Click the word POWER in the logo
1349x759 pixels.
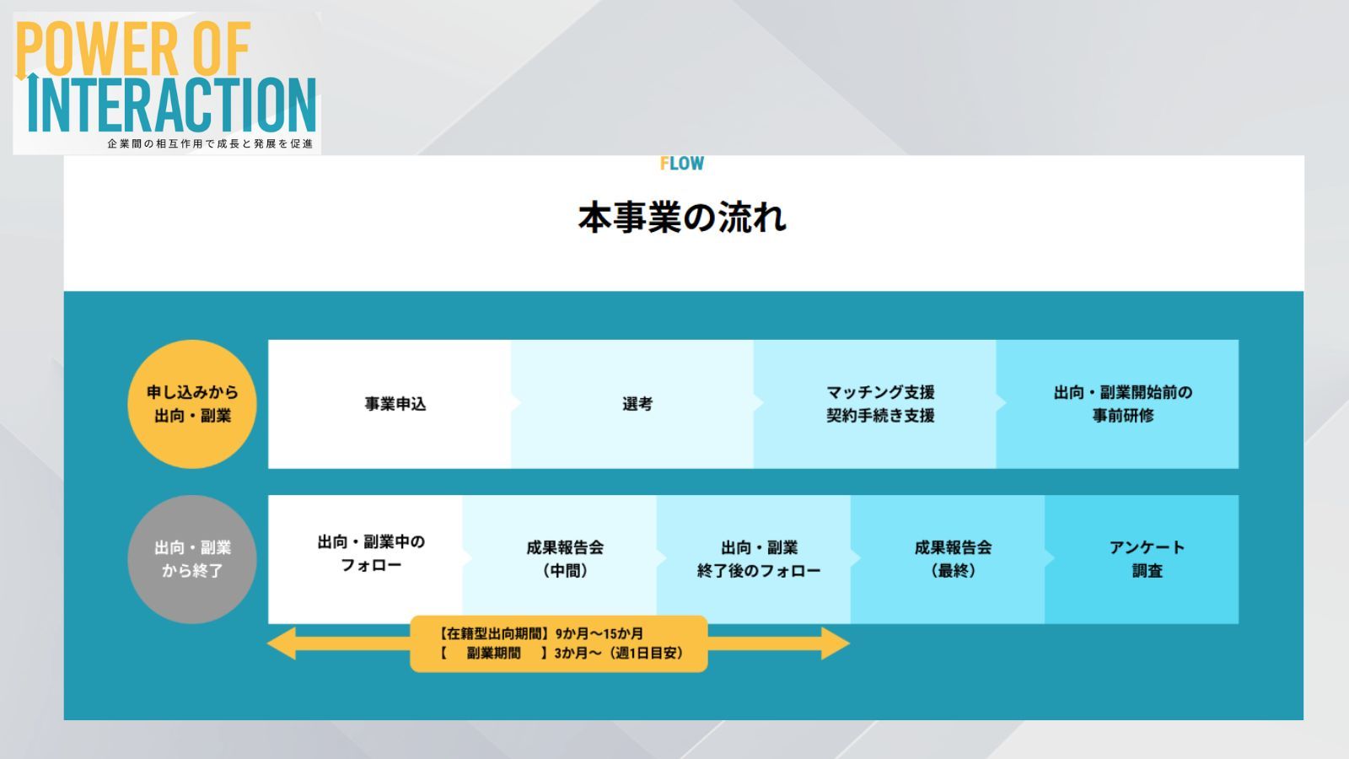[x=97, y=50]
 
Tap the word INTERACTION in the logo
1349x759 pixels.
[x=172, y=105]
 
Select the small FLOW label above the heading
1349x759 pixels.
[x=682, y=164]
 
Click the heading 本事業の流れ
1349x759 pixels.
[x=682, y=218]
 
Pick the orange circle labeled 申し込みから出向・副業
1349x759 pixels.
[x=192, y=404]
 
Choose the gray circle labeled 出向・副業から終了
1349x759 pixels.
[x=192, y=559]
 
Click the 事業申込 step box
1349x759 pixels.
[x=390, y=404]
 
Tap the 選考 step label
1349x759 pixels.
[x=637, y=404]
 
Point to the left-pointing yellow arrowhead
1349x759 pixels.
[x=282, y=643]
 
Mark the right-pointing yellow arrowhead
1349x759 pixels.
[x=836, y=643]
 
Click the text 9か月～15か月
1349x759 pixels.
[x=599, y=633]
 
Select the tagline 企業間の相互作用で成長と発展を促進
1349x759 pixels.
[x=210, y=144]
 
